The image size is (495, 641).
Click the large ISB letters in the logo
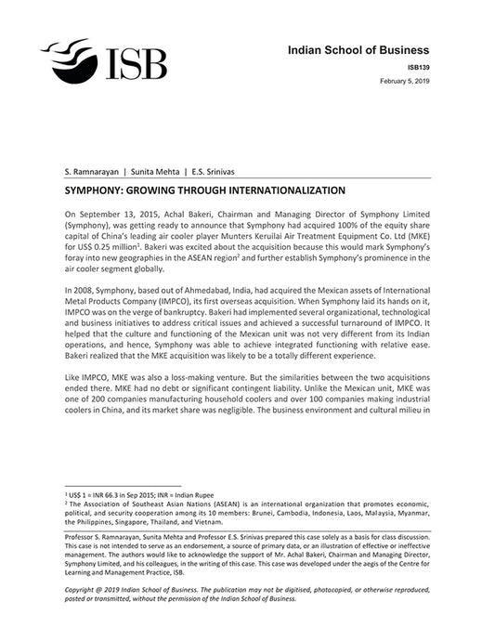tap(136, 63)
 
